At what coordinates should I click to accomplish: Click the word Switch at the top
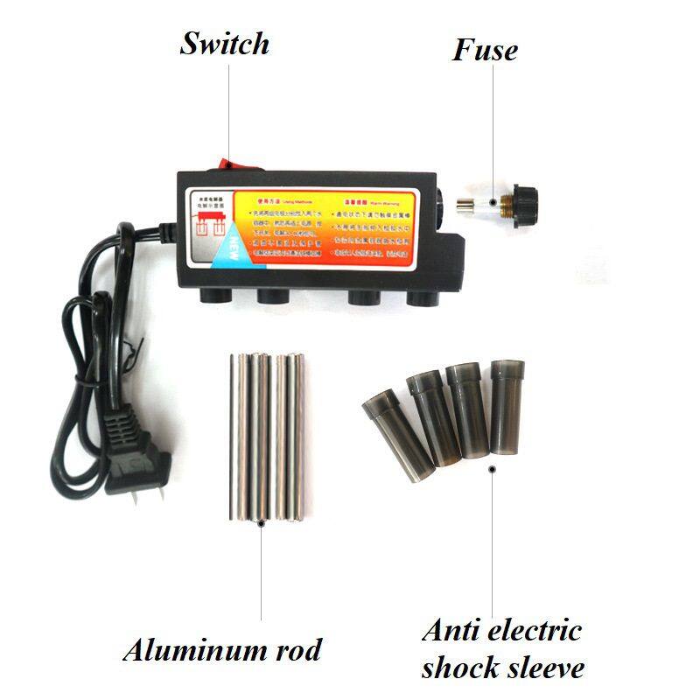[x=224, y=44]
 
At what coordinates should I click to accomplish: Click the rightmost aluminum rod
[x=299, y=437]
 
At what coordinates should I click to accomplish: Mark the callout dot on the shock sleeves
[x=492, y=469]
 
